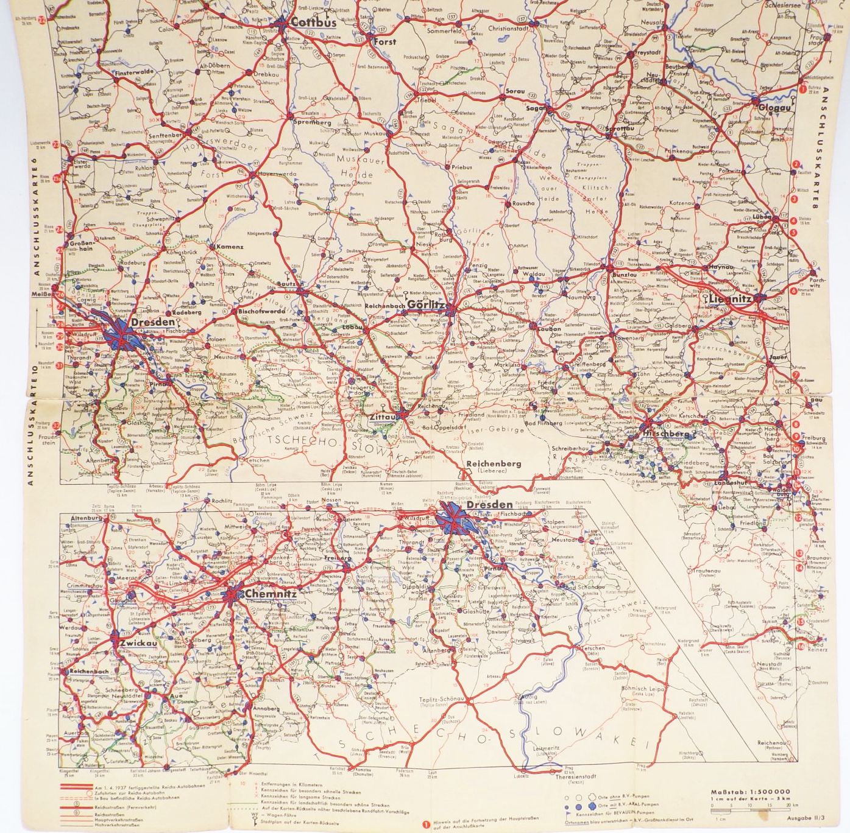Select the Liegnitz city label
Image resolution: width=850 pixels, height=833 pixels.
point(730,300)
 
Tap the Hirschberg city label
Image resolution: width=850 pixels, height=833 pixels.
point(667,434)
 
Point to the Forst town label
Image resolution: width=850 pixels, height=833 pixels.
point(384,42)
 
